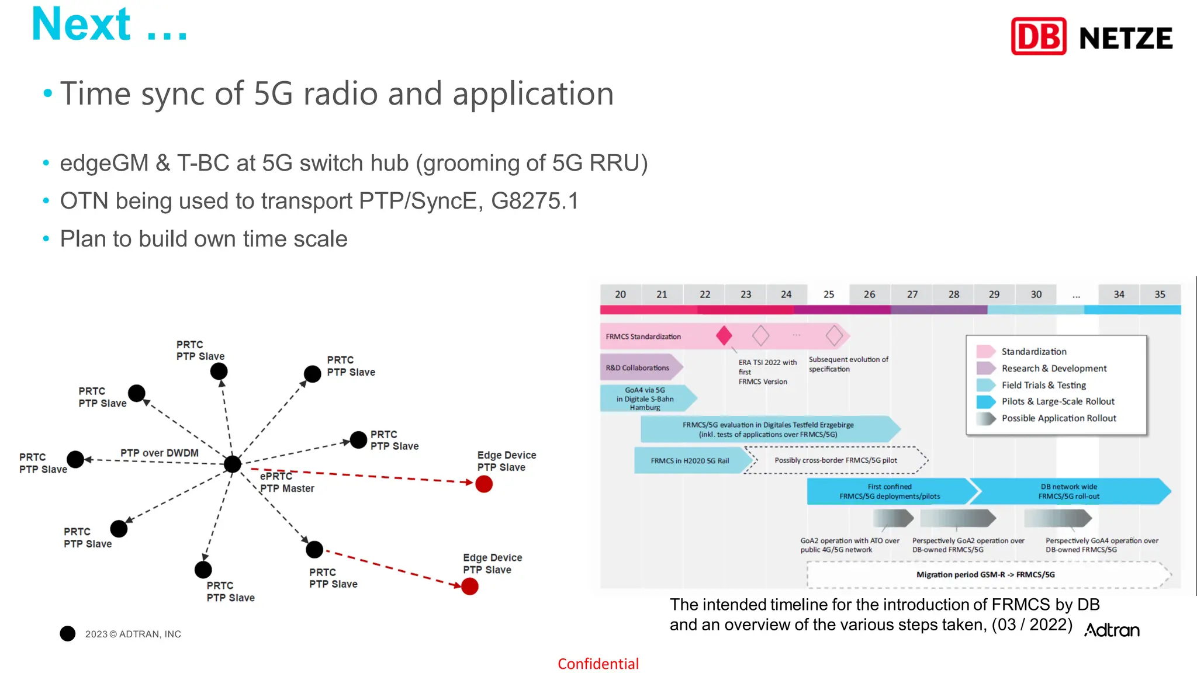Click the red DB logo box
click(x=1039, y=36)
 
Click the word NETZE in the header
click(x=1126, y=39)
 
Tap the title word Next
click(x=81, y=25)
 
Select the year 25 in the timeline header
click(x=828, y=294)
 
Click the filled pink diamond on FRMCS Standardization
click(x=724, y=335)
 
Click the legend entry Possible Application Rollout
click(x=1058, y=418)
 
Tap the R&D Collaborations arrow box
click(x=638, y=367)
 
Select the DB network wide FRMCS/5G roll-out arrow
click(x=1068, y=491)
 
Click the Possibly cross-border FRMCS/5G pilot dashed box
click(x=836, y=460)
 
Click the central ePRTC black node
click(x=233, y=464)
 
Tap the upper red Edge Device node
click(x=484, y=484)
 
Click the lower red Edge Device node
click(x=470, y=586)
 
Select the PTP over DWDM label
click(x=159, y=453)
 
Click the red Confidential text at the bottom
click(x=598, y=664)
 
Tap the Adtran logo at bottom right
click(x=1112, y=630)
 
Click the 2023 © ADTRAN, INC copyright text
click(x=133, y=634)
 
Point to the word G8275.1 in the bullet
click(x=534, y=201)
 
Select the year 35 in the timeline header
click(x=1160, y=294)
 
